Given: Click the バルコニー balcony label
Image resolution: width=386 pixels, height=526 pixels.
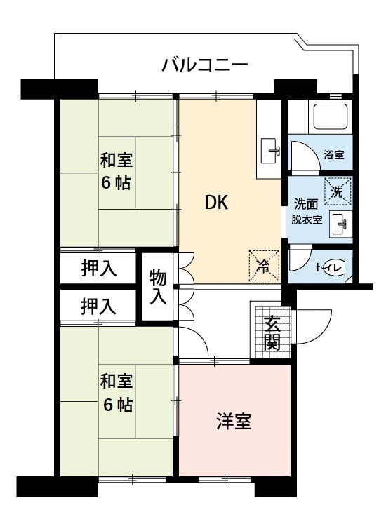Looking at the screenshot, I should (x=204, y=67).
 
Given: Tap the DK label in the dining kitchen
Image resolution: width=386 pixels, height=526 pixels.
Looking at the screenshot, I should (x=216, y=202).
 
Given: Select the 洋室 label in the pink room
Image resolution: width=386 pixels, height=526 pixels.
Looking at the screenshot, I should (x=234, y=422).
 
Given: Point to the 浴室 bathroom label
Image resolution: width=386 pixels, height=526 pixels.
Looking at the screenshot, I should (x=333, y=155).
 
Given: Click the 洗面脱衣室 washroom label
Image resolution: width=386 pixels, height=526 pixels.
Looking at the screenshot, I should (x=307, y=211).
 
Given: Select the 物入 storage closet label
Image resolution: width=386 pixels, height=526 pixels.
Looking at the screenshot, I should (x=158, y=287).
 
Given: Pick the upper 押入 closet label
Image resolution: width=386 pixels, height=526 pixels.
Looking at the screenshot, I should (x=98, y=268).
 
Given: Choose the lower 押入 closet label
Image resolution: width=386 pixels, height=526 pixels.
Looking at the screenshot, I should (x=98, y=306).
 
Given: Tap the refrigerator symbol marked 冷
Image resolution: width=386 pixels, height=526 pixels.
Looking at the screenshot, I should (x=264, y=265).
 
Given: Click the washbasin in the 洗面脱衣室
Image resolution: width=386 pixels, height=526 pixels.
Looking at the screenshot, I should (x=339, y=224).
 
